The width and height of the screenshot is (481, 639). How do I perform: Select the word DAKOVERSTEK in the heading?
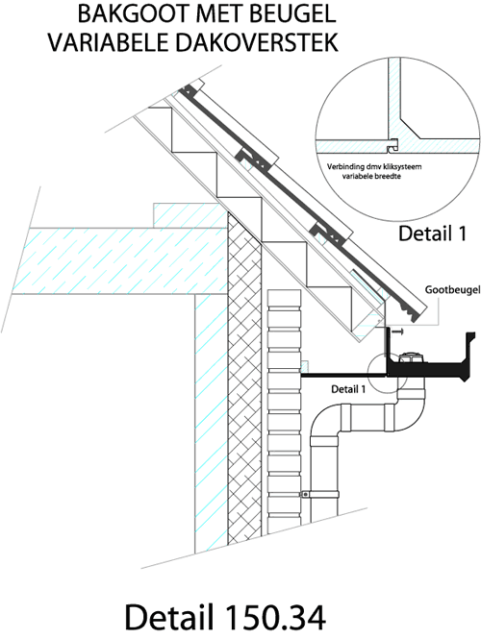click(256, 42)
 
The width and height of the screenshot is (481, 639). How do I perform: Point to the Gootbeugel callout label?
click(452, 290)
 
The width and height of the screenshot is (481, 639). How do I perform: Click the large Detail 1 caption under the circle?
click(432, 233)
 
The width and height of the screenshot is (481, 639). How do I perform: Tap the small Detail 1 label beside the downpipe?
click(348, 389)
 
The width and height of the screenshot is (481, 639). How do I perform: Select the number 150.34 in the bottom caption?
click(274, 617)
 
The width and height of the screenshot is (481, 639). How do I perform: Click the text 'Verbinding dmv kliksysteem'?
click(374, 166)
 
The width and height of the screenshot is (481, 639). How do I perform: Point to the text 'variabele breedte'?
click(371, 177)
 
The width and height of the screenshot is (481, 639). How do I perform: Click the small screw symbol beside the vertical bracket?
click(397, 332)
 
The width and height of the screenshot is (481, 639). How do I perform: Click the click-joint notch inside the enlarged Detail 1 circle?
click(392, 145)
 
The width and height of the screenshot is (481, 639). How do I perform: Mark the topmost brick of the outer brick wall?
click(284, 299)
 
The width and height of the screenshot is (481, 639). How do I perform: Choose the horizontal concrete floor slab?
click(121, 260)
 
